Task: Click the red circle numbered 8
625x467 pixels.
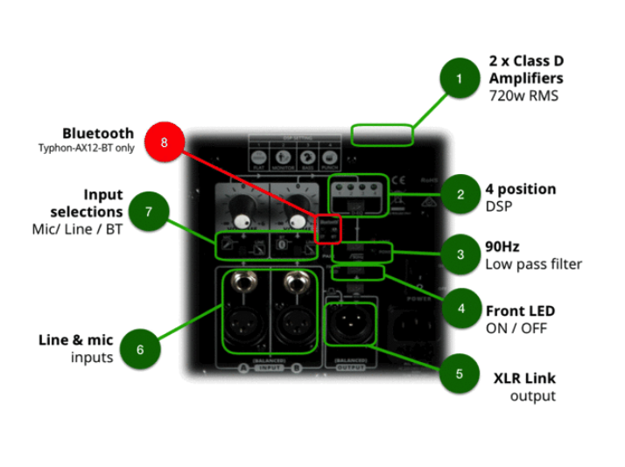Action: click(x=165, y=143)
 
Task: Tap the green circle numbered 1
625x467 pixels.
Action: click(x=460, y=80)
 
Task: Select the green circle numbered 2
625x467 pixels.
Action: click(x=460, y=194)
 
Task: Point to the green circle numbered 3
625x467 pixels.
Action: click(x=460, y=254)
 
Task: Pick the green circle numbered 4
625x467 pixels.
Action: click(x=460, y=310)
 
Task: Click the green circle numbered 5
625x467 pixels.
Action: click(x=460, y=373)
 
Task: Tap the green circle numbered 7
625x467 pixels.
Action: click(x=149, y=212)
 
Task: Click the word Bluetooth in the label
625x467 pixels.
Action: click(x=98, y=134)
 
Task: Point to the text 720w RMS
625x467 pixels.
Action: click(x=523, y=95)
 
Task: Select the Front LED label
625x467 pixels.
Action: click(x=520, y=310)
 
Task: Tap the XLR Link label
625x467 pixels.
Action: click(x=523, y=379)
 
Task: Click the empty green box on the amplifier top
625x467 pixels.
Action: click(x=382, y=134)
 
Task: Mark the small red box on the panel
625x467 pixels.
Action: click(x=326, y=228)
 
